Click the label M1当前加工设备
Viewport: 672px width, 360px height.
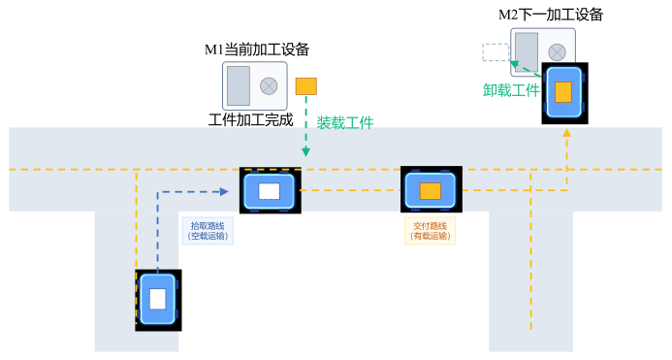tap(256, 49)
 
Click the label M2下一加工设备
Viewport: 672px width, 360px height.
tap(550, 14)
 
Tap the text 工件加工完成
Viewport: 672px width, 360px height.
tap(250, 121)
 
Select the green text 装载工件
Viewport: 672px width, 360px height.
tap(344, 123)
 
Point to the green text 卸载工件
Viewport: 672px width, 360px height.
tap(511, 90)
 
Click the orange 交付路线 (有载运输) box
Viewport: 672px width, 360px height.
tap(430, 230)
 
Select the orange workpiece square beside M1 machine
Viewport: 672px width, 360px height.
tap(305, 86)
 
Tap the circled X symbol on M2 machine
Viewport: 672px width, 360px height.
tap(557, 52)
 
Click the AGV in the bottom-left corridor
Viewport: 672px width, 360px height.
tap(158, 300)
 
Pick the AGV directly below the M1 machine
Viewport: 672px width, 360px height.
tap(270, 190)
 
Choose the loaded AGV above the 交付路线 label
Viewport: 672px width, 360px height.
tap(431, 189)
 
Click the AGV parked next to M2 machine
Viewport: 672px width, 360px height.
tap(563, 93)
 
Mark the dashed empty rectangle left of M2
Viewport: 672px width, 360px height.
tap(496, 52)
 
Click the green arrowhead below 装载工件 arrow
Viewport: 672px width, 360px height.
tap(305, 152)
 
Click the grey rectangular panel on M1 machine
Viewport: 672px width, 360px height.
tap(239, 86)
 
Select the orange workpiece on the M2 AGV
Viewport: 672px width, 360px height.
tap(563, 92)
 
